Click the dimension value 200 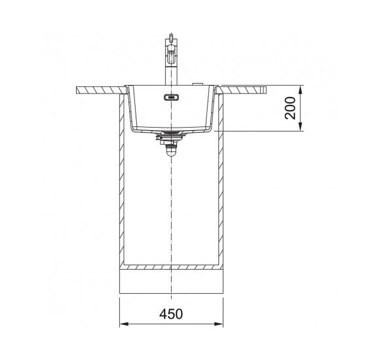[290, 108]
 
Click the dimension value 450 [171, 314]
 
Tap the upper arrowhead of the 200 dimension [301, 90]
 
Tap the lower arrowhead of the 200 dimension [301, 126]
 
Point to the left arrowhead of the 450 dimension [124, 324]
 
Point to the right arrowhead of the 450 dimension [218, 324]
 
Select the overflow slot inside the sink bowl [172, 98]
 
